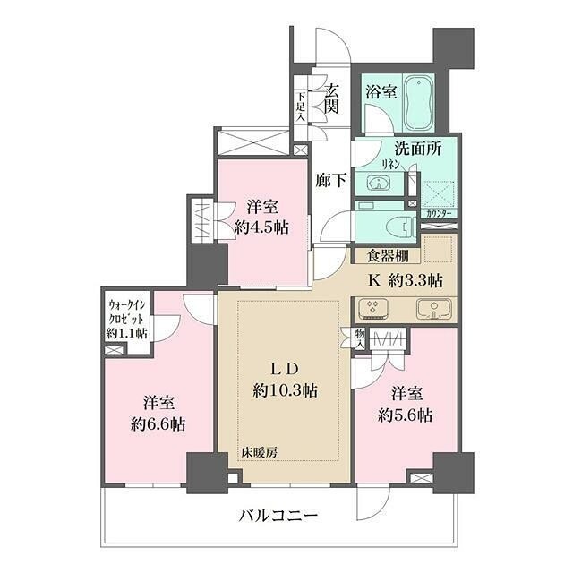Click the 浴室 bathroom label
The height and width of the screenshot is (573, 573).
(x=381, y=90)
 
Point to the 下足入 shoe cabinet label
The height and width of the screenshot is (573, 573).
(x=301, y=106)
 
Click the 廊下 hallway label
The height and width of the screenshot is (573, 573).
(x=329, y=178)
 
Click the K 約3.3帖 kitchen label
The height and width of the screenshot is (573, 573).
(x=406, y=279)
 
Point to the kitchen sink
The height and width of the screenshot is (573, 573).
(x=434, y=311)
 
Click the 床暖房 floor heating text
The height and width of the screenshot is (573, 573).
(x=258, y=453)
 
